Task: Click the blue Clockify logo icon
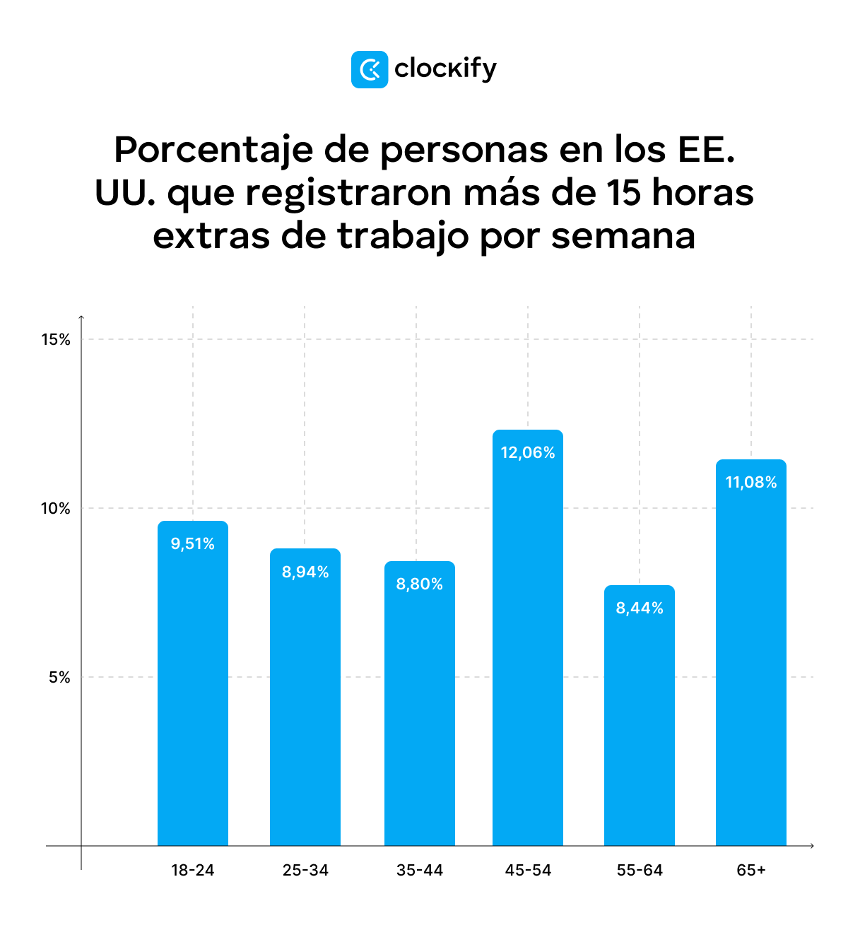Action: pos(369,69)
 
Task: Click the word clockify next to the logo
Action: pos(445,69)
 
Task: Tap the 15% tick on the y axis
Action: pos(56,340)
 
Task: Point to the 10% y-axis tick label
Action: pos(56,509)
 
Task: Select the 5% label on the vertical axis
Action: pos(59,678)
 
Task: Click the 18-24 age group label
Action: pos(192,870)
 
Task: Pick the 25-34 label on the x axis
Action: pos(305,870)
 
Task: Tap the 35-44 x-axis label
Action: pos(420,870)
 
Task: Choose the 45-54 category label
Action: pos(528,870)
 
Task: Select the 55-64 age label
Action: pos(640,870)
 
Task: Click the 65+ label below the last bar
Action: pos(751,870)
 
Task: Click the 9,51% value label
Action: pos(192,543)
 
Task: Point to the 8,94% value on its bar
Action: pos(305,572)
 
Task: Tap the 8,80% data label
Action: pos(420,584)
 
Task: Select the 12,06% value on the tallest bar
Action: pos(528,452)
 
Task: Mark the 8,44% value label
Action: pos(640,608)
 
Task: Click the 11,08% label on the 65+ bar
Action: pos(751,482)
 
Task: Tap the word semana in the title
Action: pos(623,236)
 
